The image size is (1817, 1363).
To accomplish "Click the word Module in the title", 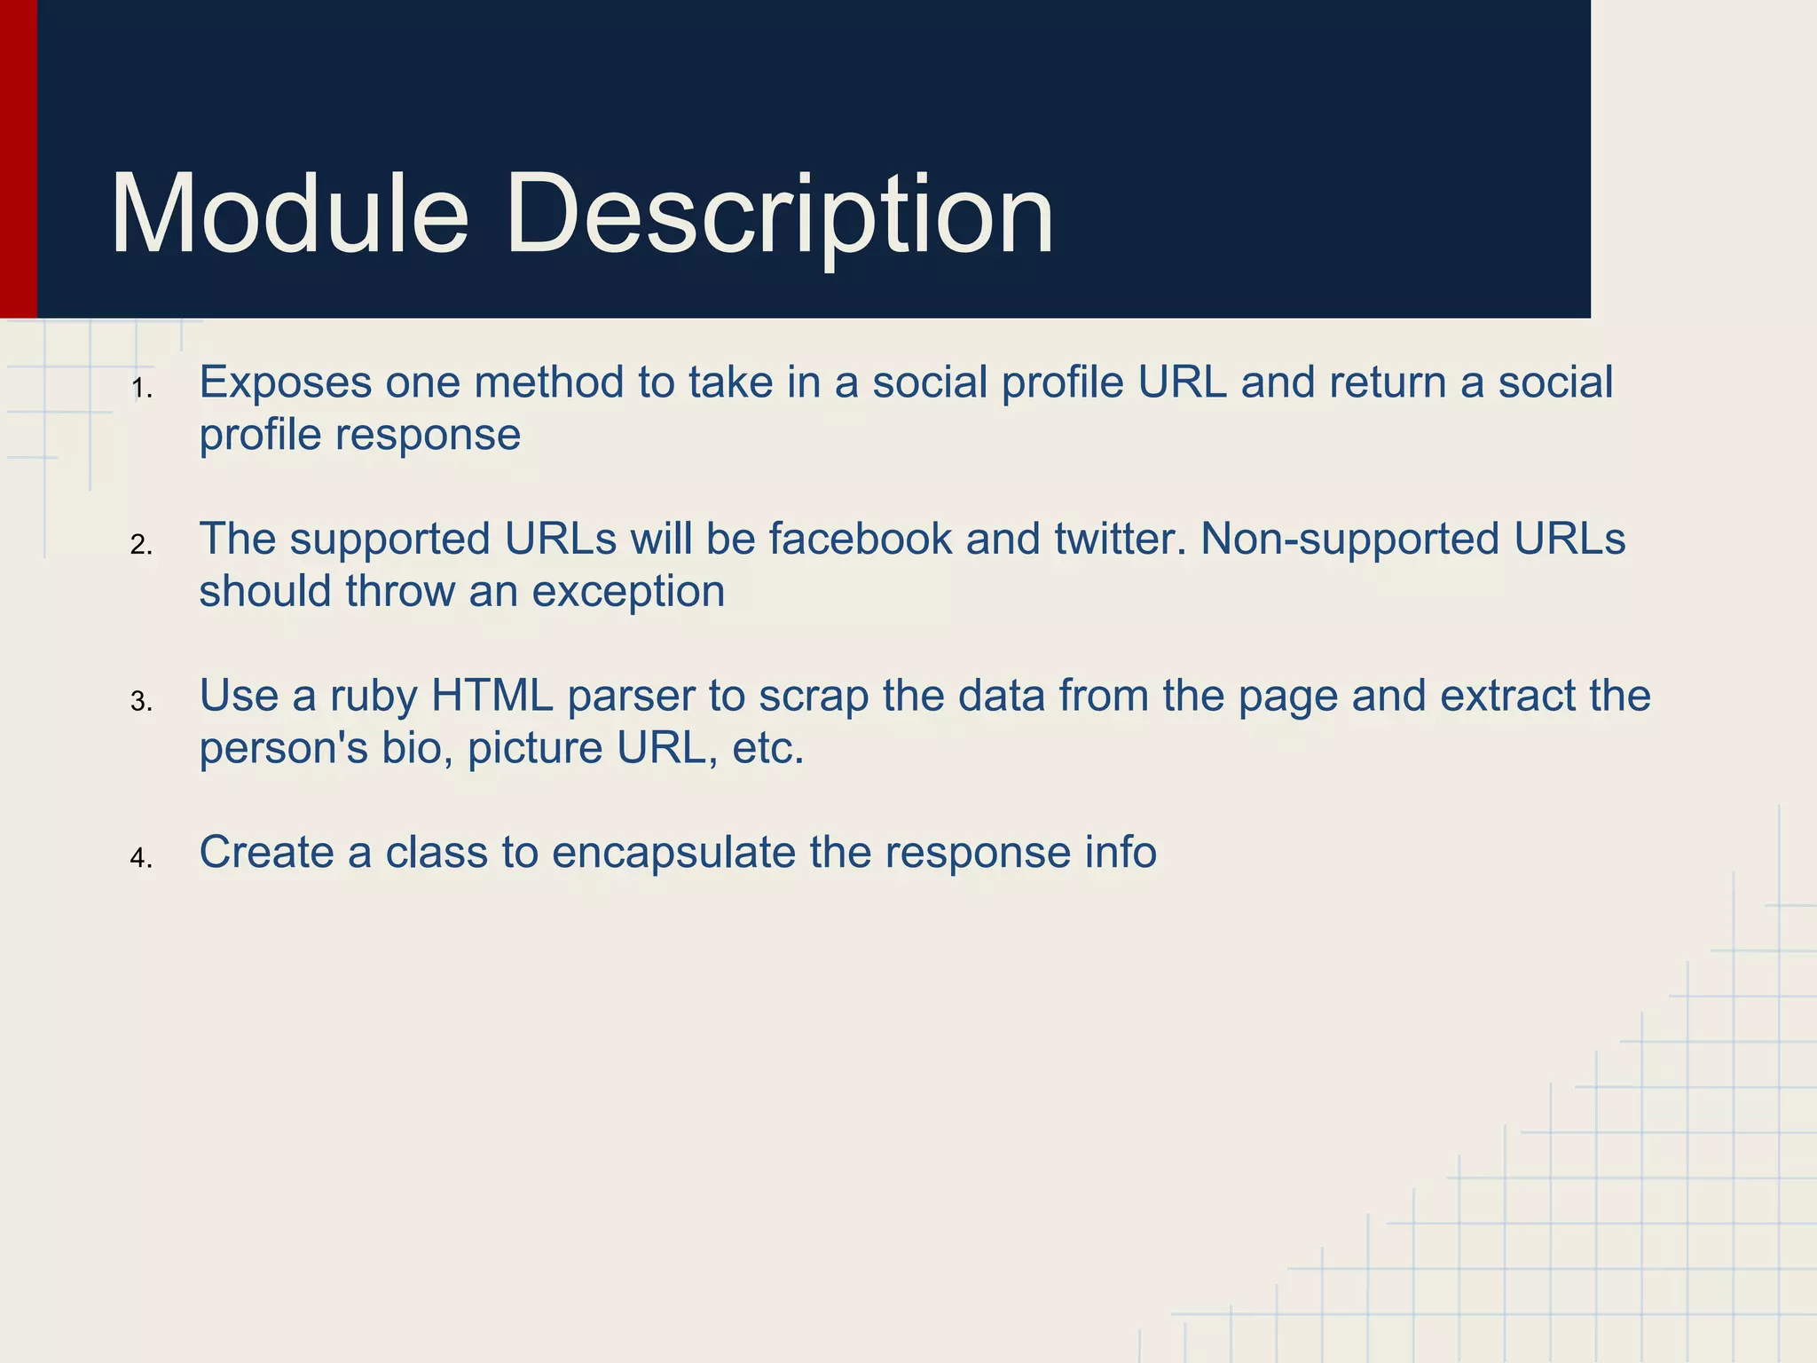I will tap(289, 215).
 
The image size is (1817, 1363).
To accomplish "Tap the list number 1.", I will tap(141, 389).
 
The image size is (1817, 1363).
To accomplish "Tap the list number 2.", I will tap(141, 545).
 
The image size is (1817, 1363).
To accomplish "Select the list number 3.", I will tap(141, 702).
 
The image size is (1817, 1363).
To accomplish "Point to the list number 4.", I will tap(141, 858).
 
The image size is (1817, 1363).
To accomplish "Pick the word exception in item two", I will tap(628, 592).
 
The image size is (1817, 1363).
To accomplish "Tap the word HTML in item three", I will tap(492, 696).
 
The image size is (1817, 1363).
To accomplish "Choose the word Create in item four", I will tap(266, 852).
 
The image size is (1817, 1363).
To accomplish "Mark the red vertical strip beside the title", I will tap(18, 160).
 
